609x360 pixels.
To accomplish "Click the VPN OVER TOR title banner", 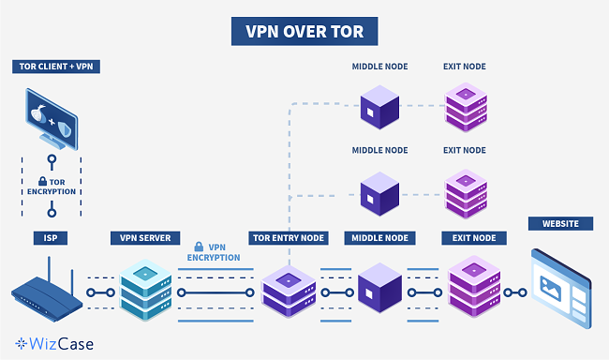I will (304, 31).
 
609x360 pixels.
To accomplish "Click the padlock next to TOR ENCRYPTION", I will (43, 181).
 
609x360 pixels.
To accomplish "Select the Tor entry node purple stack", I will (287, 289).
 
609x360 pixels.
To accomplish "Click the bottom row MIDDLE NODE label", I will (379, 238).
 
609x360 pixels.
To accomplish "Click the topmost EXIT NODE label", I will (464, 67).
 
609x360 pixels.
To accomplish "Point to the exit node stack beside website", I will (470, 285).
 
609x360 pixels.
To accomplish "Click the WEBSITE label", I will (560, 224).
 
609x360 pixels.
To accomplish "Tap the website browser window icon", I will (560, 281).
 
